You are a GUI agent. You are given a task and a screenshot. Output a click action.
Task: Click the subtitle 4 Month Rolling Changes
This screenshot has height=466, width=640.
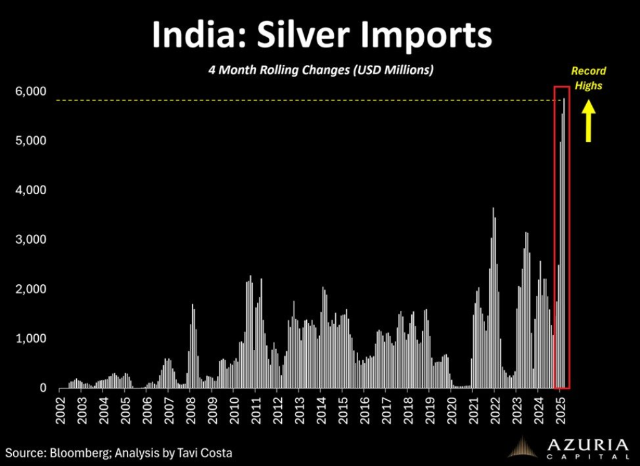click(x=321, y=70)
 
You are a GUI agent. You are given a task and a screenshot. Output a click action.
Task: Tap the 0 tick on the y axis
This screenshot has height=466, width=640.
click(x=43, y=388)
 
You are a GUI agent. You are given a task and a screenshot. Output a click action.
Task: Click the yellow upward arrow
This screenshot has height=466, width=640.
click(x=588, y=122)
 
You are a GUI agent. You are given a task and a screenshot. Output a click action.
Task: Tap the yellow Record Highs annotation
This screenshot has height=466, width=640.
click(x=589, y=78)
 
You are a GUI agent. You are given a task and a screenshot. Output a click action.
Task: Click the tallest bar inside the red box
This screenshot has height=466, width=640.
click(x=564, y=244)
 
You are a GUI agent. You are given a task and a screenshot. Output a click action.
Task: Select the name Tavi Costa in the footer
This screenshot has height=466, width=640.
click(x=202, y=452)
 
